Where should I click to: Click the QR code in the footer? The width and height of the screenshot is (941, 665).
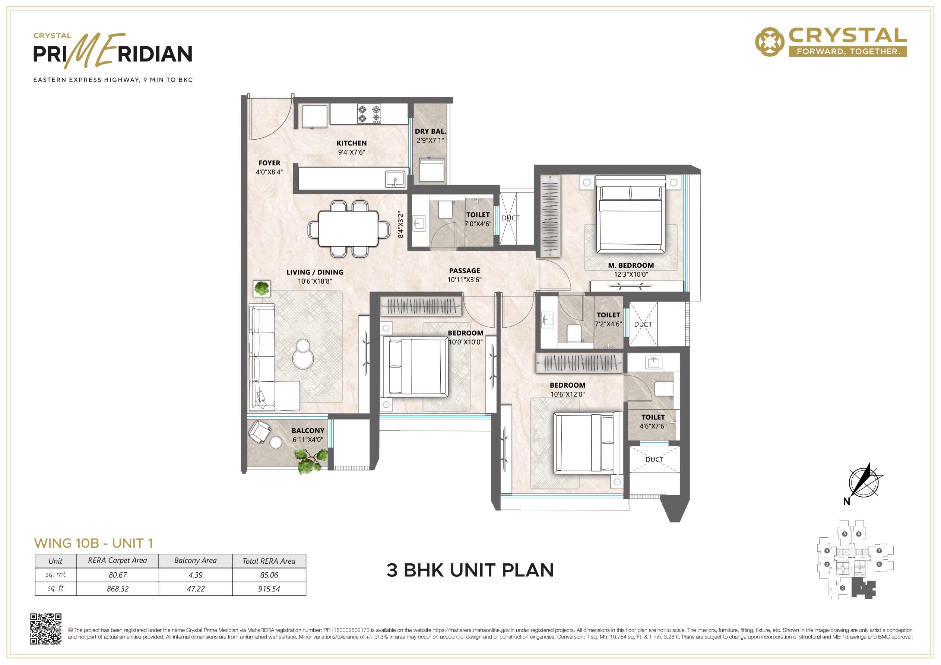coord(46,629)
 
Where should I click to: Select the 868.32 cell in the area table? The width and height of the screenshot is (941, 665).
coord(118,589)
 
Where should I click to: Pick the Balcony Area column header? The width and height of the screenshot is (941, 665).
coord(196,560)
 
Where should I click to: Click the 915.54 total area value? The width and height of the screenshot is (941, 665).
coord(269,589)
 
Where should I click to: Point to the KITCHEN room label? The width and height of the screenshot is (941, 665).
coord(352,143)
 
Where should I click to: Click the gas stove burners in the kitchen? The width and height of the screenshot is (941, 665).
coord(369,114)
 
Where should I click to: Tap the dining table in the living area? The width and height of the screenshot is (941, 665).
coord(348,229)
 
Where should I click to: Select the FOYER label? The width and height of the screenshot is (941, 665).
coord(269,163)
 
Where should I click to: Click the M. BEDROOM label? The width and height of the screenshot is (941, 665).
coord(631,265)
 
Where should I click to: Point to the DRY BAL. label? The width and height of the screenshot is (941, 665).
coord(430,131)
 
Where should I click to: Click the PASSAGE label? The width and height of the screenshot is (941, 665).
coord(464,270)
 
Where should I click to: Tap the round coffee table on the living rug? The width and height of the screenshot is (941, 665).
coord(303,354)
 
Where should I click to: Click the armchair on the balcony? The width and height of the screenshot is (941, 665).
coord(259,432)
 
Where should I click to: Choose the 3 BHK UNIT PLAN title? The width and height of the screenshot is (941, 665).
coord(470,570)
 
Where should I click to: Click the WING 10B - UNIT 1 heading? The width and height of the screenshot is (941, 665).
coord(94,543)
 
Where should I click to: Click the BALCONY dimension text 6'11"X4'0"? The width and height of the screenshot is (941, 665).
coord(308,440)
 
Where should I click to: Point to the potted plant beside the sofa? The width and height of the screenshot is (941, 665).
coord(262,288)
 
